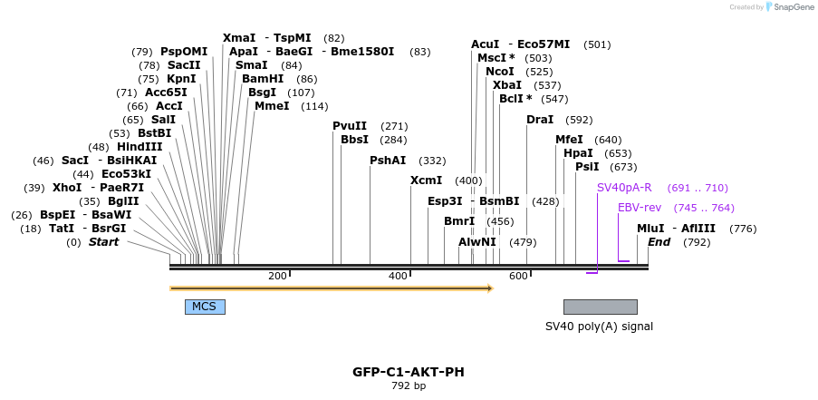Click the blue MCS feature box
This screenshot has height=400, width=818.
[205, 307]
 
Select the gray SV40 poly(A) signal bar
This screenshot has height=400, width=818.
[600, 307]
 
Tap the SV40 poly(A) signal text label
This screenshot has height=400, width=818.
[599, 327]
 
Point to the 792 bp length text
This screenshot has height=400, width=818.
[408, 386]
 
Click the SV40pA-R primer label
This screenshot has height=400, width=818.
[624, 188]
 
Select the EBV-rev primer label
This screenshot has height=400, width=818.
[640, 208]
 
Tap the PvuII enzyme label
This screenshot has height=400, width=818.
[350, 126]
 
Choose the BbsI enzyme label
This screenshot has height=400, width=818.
[354, 140]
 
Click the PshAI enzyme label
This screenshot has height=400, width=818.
[388, 161]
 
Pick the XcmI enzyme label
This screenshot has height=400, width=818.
[426, 180]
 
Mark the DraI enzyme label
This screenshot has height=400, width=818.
[540, 120]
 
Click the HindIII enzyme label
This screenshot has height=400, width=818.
[140, 147]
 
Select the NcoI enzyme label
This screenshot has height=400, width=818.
[499, 71]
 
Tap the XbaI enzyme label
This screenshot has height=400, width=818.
[506, 84]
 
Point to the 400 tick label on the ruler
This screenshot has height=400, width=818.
[398, 276]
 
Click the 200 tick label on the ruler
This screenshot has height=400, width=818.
[277, 276]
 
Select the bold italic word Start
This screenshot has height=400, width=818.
[103, 242]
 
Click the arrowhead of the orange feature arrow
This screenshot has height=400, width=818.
[489, 288]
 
